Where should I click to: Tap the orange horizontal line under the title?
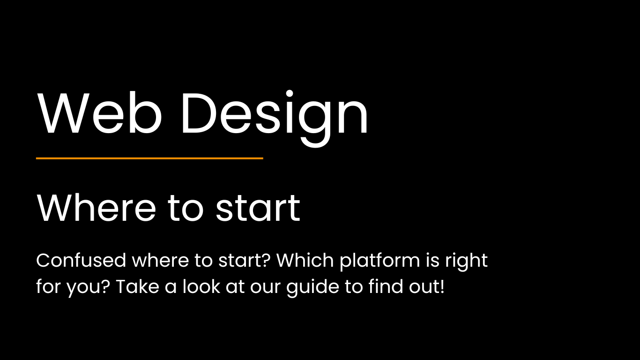pos(149,158)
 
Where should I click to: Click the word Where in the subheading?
pos(96,208)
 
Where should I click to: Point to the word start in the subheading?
pos(258,209)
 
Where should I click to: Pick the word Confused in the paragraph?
pos(81,260)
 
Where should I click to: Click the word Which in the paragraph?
pos(305,260)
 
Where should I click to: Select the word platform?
pos(380,261)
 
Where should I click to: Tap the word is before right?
pos(432,260)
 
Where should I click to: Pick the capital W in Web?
pos(64,114)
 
